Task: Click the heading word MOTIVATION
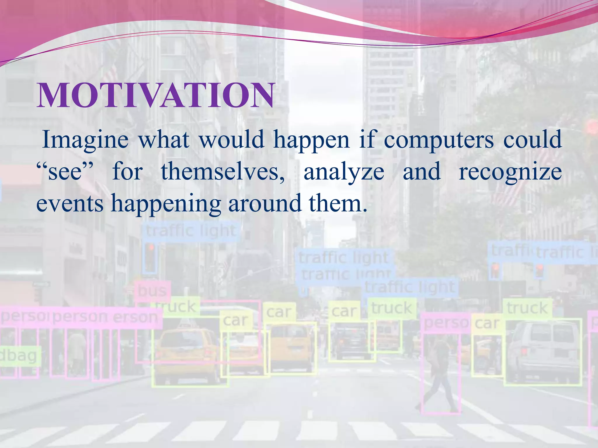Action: click(155, 95)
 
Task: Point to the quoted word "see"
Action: click(65, 172)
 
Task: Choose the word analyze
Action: click(344, 172)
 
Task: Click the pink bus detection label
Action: click(152, 291)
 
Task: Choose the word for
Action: click(128, 172)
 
